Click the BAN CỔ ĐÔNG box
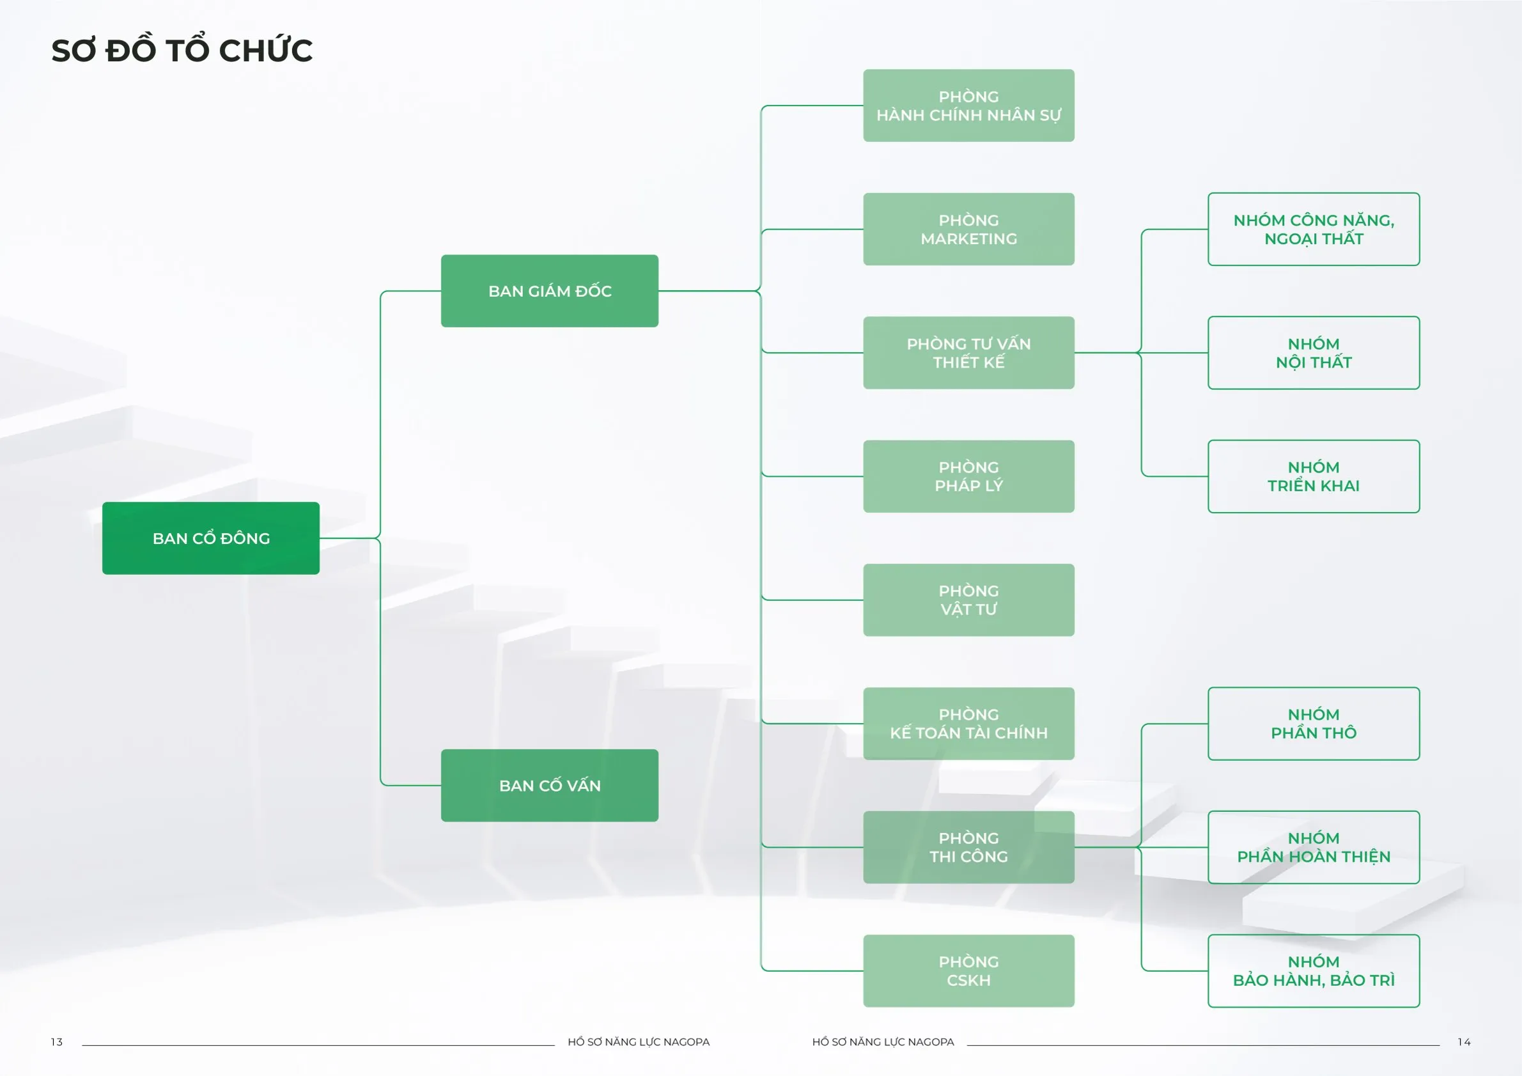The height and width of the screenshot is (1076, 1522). pos(211,538)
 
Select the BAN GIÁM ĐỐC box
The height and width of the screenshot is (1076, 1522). pos(550,291)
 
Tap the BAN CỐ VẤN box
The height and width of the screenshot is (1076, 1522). pos(550,786)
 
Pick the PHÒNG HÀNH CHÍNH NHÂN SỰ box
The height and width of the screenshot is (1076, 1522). pos(968,105)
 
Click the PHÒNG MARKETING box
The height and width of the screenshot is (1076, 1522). pos(968,230)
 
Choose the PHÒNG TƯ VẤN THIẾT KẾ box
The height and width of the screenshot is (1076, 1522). pos(968,353)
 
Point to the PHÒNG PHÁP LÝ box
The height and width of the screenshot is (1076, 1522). pos(968,476)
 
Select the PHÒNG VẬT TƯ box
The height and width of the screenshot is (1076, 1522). pos(968,600)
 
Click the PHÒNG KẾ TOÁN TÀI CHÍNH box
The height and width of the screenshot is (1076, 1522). pos(968,723)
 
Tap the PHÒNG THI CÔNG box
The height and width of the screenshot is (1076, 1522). pos(968,847)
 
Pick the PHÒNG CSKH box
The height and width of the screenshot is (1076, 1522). pos(968,971)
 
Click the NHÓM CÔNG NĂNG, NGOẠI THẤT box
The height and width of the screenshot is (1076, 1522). pos(1313,230)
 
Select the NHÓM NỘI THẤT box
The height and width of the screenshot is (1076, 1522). pos(1313,353)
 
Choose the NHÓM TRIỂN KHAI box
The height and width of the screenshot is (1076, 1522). pos(1313,476)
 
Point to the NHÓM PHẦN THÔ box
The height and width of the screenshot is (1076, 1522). pos(1313,723)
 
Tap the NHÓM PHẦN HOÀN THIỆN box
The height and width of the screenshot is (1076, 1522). pos(1313,847)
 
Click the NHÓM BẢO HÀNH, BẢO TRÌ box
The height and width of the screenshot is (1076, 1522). pos(1313,971)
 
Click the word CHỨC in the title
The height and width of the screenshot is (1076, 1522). pos(265,51)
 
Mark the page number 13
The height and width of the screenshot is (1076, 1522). pos(57,1042)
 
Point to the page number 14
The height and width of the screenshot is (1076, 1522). pos(1464,1042)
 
